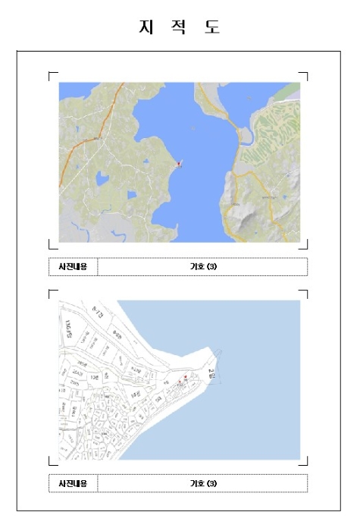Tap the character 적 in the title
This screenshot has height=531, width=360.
[179, 27]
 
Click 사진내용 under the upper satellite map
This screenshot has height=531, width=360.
[73, 266]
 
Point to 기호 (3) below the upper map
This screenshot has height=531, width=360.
[202, 266]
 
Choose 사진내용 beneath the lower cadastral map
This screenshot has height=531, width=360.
[73, 482]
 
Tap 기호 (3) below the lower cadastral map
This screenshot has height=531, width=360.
[202, 482]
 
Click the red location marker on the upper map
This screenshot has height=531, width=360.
[179, 162]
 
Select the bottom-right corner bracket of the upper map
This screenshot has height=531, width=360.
[305, 246]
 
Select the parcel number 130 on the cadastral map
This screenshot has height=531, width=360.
[95, 377]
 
